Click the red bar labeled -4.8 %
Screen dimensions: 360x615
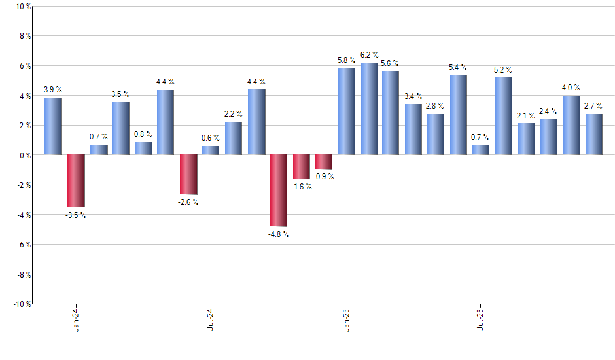[x=279, y=190]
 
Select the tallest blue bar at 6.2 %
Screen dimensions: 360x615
[x=369, y=109]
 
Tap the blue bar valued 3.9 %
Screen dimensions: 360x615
[x=53, y=126]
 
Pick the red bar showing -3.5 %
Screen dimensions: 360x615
[x=76, y=181]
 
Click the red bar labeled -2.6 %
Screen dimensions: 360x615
[x=188, y=174]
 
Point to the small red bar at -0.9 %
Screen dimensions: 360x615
[x=324, y=162]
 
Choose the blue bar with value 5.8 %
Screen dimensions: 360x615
[x=347, y=111]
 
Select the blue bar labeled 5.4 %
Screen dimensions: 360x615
[x=459, y=115]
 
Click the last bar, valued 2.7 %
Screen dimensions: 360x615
[x=594, y=134]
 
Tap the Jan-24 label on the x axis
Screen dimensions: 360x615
[x=76, y=318]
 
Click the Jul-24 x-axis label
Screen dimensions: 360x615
[x=211, y=318]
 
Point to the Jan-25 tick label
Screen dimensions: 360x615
[x=346, y=318]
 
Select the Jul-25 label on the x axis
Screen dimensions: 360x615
[x=481, y=318]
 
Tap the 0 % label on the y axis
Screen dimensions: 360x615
[x=24, y=155]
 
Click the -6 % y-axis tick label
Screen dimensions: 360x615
[x=23, y=244]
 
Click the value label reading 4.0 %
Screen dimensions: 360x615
[x=571, y=88]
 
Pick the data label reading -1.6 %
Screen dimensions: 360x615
[x=301, y=187]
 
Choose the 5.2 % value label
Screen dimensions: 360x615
[x=503, y=70]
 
